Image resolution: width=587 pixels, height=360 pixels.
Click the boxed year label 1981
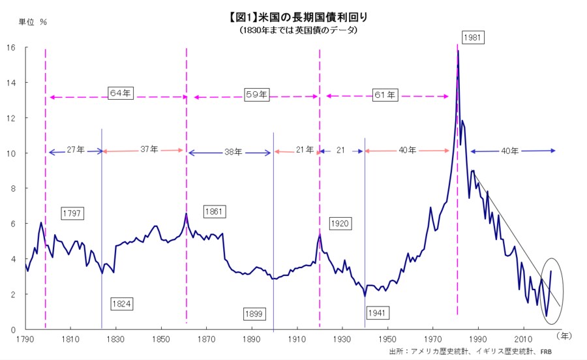pyautogui.click(x=474, y=37)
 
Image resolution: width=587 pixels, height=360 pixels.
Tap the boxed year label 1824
pyautogui.click(x=121, y=303)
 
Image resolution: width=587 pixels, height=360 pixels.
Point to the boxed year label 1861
pyautogui.click(x=215, y=212)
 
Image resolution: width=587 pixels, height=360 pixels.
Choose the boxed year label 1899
pyautogui.click(x=254, y=314)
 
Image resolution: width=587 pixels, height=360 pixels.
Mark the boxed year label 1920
pyautogui.click(x=340, y=224)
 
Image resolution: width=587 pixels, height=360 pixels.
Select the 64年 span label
pyautogui.click(x=120, y=93)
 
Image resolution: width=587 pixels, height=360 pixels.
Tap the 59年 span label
pyautogui.click(x=256, y=94)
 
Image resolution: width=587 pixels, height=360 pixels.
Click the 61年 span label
pyautogui.click(x=385, y=95)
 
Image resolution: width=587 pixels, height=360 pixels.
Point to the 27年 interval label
pyautogui.click(x=76, y=149)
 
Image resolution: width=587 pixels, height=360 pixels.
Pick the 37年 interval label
pyautogui.click(x=149, y=149)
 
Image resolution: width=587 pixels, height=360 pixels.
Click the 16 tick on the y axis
pyautogui.click(x=11, y=48)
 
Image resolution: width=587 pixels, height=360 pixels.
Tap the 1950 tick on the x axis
pyautogui.click(x=387, y=340)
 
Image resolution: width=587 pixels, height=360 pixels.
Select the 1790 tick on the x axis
pyautogui.click(x=25, y=340)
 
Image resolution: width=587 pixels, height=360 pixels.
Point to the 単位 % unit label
pyautogui.click(x=33, y=22)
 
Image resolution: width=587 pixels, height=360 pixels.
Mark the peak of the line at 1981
pyautogui.click(x=458, y=50)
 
